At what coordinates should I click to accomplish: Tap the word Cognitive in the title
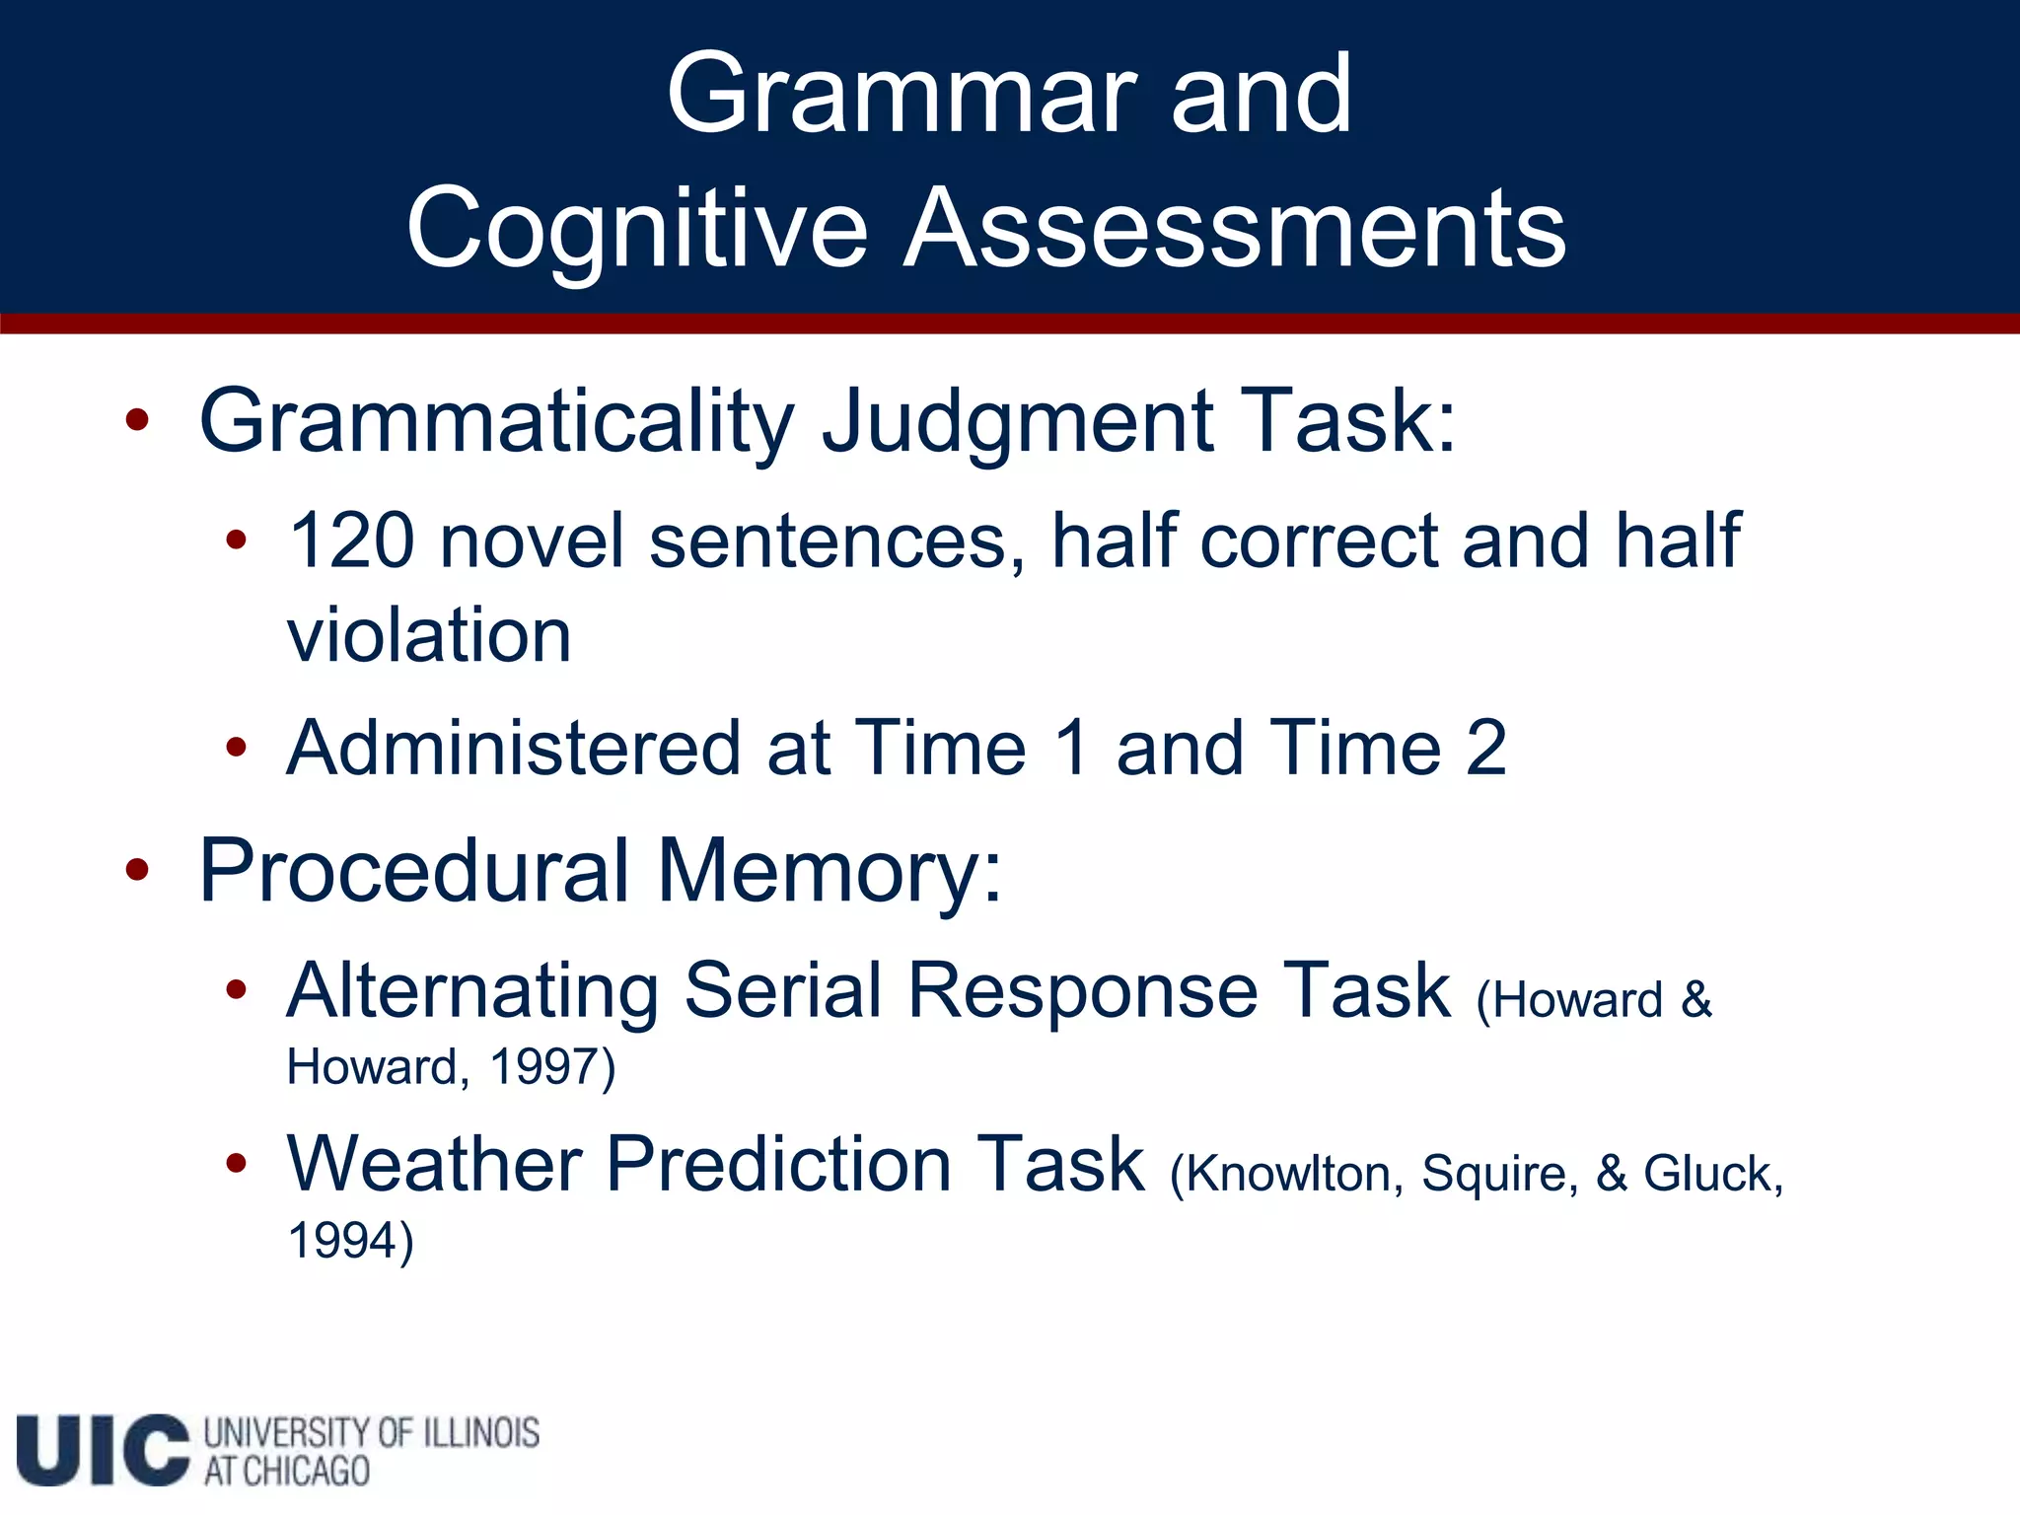coord(637,231)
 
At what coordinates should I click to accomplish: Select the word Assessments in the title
coord(1235,229)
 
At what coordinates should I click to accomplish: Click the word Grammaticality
coord(496,422)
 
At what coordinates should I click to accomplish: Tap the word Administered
coord(513,748)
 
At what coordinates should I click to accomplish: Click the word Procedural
coord(414,870)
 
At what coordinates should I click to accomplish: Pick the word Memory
coord(829,872)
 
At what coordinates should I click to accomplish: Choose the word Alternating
coord(472,991)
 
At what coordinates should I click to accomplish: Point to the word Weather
coord(434,1165)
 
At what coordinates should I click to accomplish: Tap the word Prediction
coord(777,1165)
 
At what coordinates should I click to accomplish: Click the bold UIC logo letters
coord(103,1450)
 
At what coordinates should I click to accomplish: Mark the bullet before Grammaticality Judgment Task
coord(137,421)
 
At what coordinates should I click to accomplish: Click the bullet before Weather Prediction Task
coord(236,1164)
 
